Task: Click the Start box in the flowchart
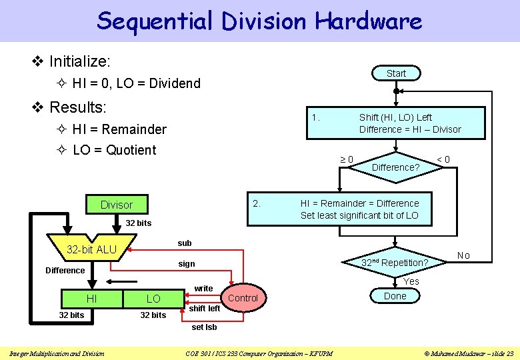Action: click(396, 73)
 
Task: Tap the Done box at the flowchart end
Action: click(395, 296)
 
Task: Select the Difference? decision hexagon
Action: click(395, 167)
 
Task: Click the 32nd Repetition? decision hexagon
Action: click(395, 263)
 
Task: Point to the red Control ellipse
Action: click(243, 298)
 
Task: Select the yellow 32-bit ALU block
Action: click(92, 249)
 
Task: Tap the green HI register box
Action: click(91, 299)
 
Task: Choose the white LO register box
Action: click(153, 299)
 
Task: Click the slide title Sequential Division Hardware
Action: click(259, 21)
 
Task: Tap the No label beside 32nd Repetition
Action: click(463, 256)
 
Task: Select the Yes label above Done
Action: click(411, 281)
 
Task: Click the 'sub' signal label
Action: click(184, 243)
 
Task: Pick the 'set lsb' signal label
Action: click(204, 327)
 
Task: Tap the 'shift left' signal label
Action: click(205, 309)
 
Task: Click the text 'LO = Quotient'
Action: click(114, 150)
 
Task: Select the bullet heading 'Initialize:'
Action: click(80, 61)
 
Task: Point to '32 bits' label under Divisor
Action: click(139, 223)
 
